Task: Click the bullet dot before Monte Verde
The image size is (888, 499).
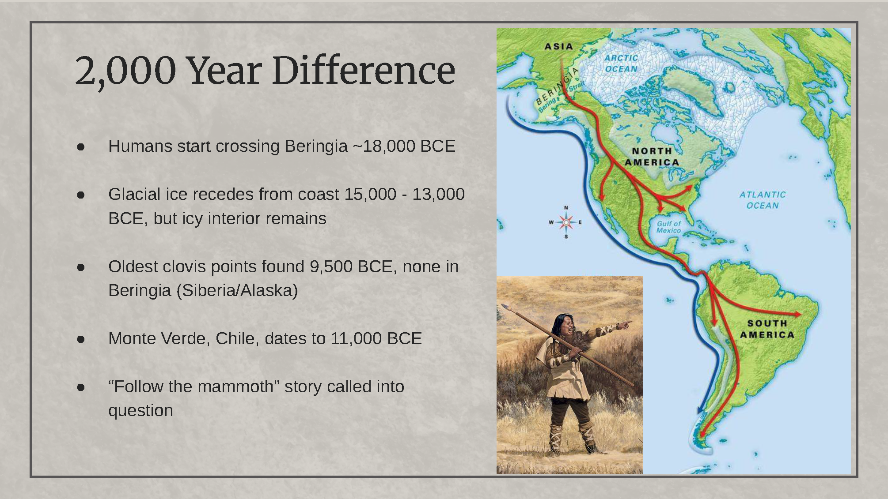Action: point(81,339)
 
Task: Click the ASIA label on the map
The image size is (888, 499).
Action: point(558,46)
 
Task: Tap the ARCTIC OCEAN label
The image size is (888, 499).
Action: point(621,64)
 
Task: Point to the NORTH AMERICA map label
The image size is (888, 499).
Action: point(652,157)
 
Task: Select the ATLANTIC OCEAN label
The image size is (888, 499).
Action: point(763,200)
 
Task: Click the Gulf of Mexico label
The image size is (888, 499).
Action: point(668,227)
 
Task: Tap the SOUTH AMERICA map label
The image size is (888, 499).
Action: point(767,329)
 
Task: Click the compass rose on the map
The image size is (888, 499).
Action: point(566,222)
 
